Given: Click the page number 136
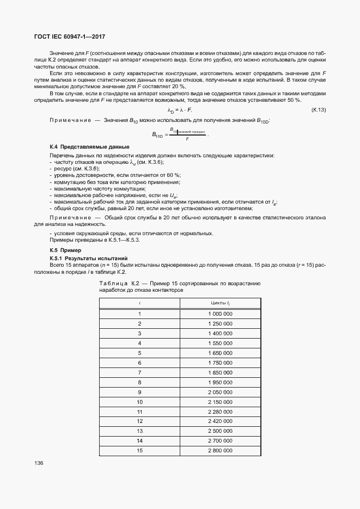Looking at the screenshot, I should tap(39, 463).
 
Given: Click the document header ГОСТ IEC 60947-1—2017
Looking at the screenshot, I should tap(70, 36).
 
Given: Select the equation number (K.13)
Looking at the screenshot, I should tap(318, 110).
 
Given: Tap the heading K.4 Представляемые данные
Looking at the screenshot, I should tap(89, 147).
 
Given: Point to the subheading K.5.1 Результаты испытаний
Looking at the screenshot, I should tap(88, 257).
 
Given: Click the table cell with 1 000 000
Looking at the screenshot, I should tap(220, 314).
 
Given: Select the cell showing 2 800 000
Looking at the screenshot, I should tap(220, 451).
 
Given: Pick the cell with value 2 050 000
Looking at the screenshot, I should tap(220, 392).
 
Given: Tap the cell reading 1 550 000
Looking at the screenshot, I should tap(220, 344).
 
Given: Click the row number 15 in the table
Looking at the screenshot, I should tap(139, 451).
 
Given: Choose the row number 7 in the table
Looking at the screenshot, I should tap(139, 372).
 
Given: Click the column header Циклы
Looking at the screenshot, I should tap(220, 302).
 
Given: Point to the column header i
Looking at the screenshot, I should tap(139, 302).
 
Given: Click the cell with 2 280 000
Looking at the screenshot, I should tap(220, 412).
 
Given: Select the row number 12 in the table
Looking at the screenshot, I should tap(139, 421).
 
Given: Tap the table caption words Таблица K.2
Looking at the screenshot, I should tap(113, 284).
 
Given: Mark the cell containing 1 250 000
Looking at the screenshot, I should tap(220, 324).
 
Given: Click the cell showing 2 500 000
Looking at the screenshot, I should tap(220, 431).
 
